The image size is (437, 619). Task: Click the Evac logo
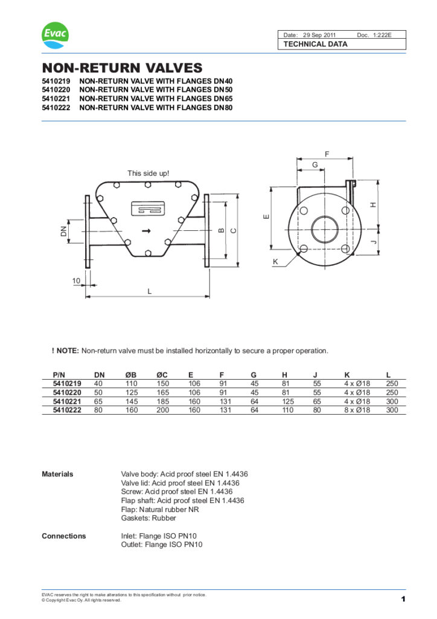(55, 36)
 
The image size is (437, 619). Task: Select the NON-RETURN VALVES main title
(121, 68)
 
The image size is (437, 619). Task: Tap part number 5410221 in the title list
(56, 99)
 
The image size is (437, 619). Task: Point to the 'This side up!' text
(148, 173)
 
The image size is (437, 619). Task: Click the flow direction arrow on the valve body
(145, 231)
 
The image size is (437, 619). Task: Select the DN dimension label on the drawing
(63, 231)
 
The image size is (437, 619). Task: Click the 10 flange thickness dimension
(76, 280)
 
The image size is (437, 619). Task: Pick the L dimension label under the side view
(149, 291)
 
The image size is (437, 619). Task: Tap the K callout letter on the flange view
(275, 262)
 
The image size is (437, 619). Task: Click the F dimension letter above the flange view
(327, 155)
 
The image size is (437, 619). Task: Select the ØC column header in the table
(162, 375)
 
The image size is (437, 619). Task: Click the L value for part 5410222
(392, 410)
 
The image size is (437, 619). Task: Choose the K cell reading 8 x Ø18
(357, 410)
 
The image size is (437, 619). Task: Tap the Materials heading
(57, 474)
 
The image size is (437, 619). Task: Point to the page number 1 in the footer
(403, 599)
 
